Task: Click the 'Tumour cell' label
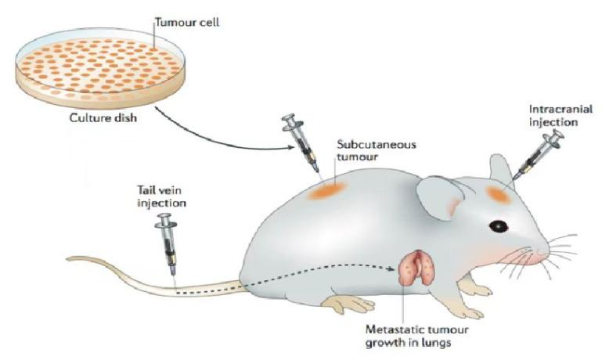[x=187, y=22]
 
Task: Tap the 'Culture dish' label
[x=103, y=117]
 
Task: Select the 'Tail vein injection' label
[x=161, y=196]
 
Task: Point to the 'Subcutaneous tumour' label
[x=376, y=150]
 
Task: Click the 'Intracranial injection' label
[x=560, y=115]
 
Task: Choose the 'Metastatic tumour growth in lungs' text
[x=416, y=337]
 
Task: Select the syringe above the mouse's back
[x=302, y=142]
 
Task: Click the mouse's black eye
[x=499, y=226]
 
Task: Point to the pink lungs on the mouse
[x=416, y=267]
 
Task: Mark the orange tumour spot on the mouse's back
[x=326, y=190]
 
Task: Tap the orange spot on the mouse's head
[x=498, y=194]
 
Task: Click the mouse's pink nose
[x=541, y=257]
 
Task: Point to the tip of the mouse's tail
[x=67, y=258]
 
